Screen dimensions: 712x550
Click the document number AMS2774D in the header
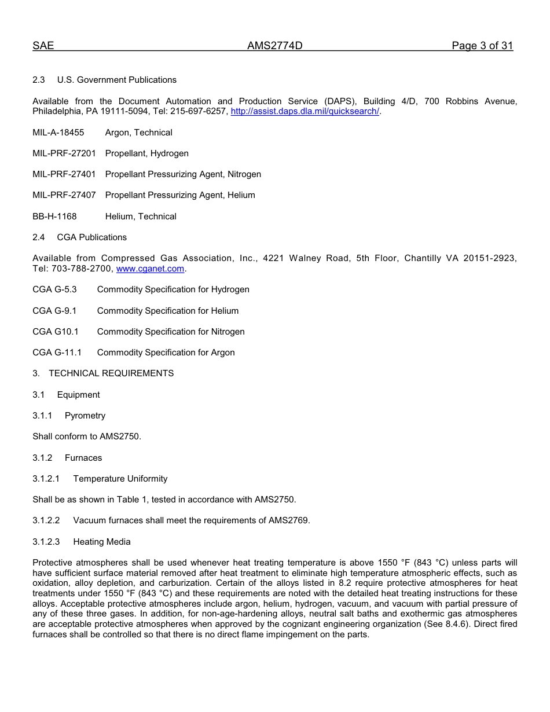point(274,46)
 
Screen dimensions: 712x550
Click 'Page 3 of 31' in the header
point(482,46)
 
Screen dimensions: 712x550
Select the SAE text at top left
point(43,46)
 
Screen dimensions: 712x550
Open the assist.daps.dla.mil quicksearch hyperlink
point(305,111)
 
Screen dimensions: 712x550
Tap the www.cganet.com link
point(150,269)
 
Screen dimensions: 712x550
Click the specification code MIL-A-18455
point(58,133)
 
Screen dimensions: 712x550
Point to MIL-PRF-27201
point(64,153)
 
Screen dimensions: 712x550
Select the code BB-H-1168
point(54,216)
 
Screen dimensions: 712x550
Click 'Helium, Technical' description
point(141,216)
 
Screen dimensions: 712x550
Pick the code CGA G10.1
point(55,332)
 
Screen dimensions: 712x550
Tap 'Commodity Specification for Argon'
point(166,353)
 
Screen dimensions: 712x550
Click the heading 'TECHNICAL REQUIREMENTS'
point(111,373)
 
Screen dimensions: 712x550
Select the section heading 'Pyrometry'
point(85,416)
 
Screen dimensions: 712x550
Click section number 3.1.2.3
point(46,542)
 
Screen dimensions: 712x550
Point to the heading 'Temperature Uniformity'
point(120,479)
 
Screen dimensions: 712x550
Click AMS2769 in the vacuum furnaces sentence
point(288,520)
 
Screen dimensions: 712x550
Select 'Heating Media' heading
point(102,542)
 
